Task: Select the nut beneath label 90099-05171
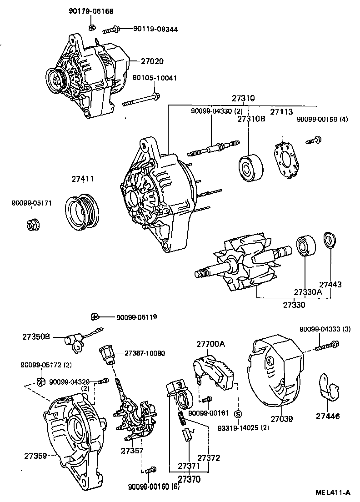click(32, 224)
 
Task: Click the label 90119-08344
click(155, 29)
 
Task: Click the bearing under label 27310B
click(250, 167)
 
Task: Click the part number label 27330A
click(307, 292)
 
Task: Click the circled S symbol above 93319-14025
click(237, 414)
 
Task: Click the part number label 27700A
click(210, 344)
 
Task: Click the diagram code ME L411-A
click(334, 492)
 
